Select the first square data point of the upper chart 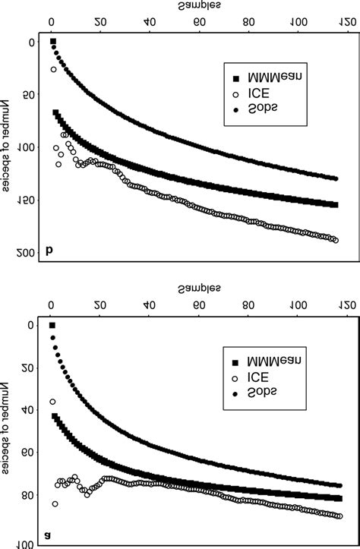pyautogui.click(x=53, y=41)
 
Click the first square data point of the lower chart pyautogui.click(x=52, y=325)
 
